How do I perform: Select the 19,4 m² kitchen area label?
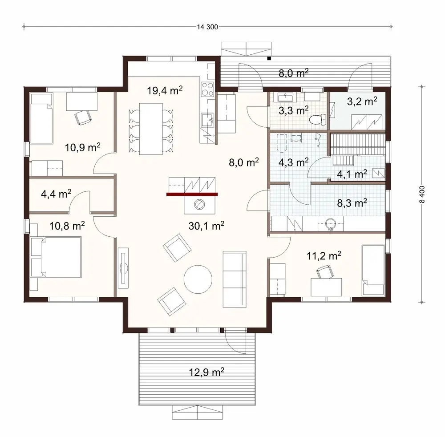coord(165,91)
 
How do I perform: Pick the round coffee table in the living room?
coord(198,279)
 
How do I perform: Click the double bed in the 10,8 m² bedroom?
coord(56,257)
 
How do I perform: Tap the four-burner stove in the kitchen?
coord(208,89)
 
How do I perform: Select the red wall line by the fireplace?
coord(192,194)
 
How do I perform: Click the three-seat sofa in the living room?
coord(234,278)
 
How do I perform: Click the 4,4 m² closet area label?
coord(56,194)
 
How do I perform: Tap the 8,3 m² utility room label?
coord(352,203)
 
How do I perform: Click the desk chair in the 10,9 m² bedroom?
coord(83,116)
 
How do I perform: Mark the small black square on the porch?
coord(269,58)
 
